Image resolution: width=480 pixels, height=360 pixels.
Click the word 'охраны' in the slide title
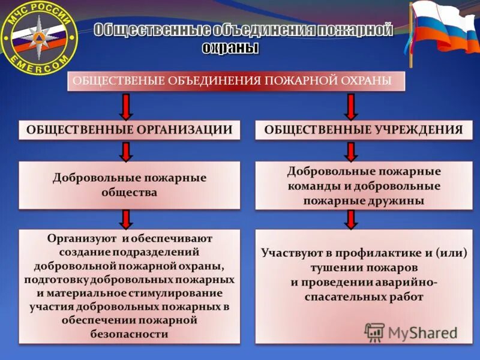(230, 47)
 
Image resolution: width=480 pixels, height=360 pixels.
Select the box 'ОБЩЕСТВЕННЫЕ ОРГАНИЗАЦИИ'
(129, 130)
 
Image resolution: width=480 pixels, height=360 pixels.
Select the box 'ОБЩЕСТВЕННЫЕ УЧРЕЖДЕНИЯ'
(364, 130)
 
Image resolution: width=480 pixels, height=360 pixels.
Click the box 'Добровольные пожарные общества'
(129, 185)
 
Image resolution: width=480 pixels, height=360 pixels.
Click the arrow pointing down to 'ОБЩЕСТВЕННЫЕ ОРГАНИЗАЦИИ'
(125, 106)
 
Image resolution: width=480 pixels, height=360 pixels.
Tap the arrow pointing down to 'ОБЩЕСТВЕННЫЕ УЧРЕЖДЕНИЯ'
(352, 106)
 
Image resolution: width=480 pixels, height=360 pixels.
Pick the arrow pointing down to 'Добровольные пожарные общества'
(125, 151)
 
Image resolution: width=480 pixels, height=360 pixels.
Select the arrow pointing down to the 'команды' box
(352, 151)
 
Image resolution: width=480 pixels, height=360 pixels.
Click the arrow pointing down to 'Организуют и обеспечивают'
(125, 219)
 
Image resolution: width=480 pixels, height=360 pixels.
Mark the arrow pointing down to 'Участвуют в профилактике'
(352, 219)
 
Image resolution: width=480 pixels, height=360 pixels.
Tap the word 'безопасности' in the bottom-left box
(129, 334)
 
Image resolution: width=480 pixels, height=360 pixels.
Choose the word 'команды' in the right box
(313, 186)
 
